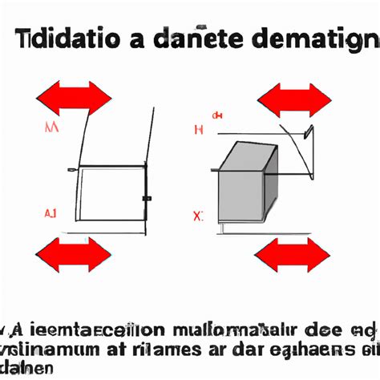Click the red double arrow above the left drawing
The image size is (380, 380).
74,98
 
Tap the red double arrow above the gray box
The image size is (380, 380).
293,99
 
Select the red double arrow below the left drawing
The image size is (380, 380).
74,254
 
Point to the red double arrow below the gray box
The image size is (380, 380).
293,255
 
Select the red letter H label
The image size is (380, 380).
199,129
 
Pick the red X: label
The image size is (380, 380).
198,216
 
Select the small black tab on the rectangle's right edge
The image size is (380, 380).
146,197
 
